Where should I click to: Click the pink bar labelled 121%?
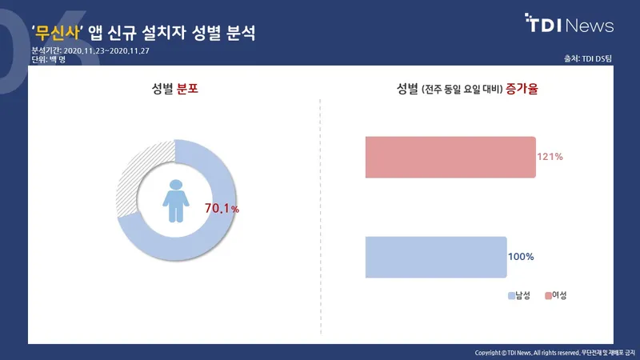(x=450, y=157)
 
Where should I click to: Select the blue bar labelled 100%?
(x=436, y=257)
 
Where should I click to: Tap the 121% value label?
(x=550, y=157)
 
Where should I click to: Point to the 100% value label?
(x=521, y=257)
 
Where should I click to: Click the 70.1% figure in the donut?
(x=222, y=209)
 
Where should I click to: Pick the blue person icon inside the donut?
(x=176, y=201)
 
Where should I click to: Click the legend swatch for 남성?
(x=511, y=295)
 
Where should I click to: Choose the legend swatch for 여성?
(x=548, y=295)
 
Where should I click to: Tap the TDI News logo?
(x=569, y=23)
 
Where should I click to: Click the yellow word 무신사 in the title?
(x=57, y=33)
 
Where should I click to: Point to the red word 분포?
(x=187, y=89)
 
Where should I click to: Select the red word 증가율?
(x=522, y=89)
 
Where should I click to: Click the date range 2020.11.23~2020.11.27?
(x=106, y=51)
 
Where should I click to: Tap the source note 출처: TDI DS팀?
(x=588, y=58)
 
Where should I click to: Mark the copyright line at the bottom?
(x=554, y=353)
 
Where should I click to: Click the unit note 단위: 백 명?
(x=49, y=59)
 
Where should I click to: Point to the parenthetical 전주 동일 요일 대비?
(x=462, y=90)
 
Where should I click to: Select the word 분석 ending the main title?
(x=241, y=33)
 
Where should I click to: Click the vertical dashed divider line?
(x=321, y=217)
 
